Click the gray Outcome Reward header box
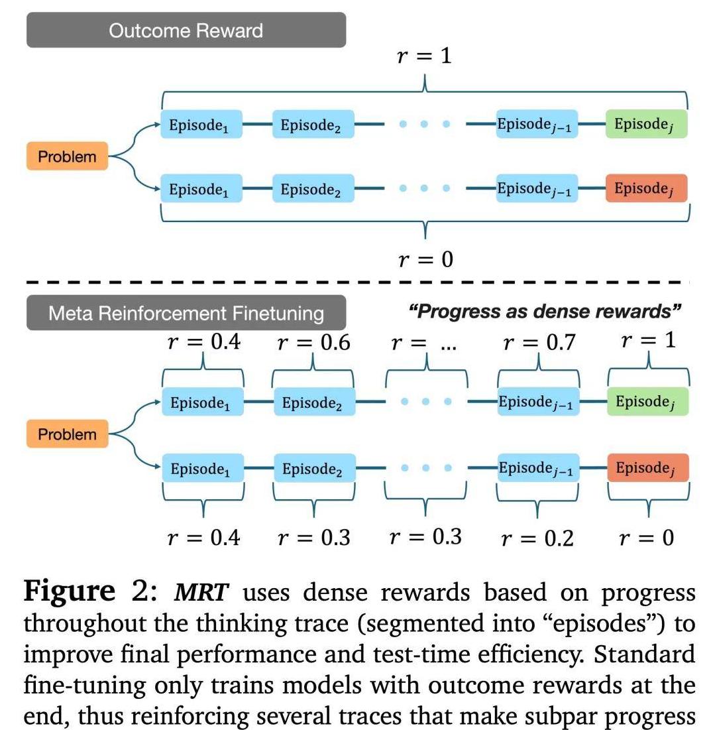pyautogui.click(x=186, y=30)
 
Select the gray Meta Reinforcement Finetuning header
pyautogui.click(x=186, y=312)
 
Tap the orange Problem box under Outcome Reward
pyautogui.click(x=67, y=157)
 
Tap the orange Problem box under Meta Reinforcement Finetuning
pyautogui.click(x=67, y=435)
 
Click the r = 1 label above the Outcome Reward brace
pyautogui.click(x=424, y=56)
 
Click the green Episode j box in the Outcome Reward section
pyautogui.click(x=646, y=124)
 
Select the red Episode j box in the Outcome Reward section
pyautogui.click(x=646, y=188)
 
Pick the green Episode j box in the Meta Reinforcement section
pyautogui.click(x=648, y=401)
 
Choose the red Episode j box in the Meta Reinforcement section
pyautogui.click(x=648, y=468)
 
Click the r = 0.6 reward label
pyautogui.click(x=313, y=343)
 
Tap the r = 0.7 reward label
pyautogui.click(x=539, y=343)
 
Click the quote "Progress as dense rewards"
pyautogui.click(x=545, y=311)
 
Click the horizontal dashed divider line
pyautogui.click(x=358, y=282)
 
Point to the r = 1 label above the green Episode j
pyautogui.click(x=648, y=341)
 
